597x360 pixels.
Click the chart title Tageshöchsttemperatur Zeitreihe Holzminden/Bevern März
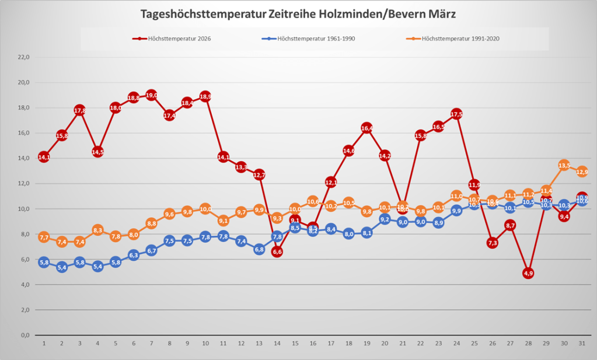(298, 13)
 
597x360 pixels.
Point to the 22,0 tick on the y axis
(24, 57)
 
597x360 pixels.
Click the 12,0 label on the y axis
(24, 184)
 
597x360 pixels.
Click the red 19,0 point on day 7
(151, 95)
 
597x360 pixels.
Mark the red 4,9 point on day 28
(528, 273)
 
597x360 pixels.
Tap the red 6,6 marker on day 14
(277, 251)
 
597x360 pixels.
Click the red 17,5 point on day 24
(456, 114)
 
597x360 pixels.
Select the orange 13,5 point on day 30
(564, 165)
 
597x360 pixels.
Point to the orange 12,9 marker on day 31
(582, 172)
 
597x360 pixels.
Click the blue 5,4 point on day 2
(61, 267)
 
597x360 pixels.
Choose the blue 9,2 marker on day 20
(385, 219)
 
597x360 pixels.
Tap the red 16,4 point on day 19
(366, 128)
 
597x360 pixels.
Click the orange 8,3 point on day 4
(97, 230)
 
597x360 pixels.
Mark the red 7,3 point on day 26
(493, 243)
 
